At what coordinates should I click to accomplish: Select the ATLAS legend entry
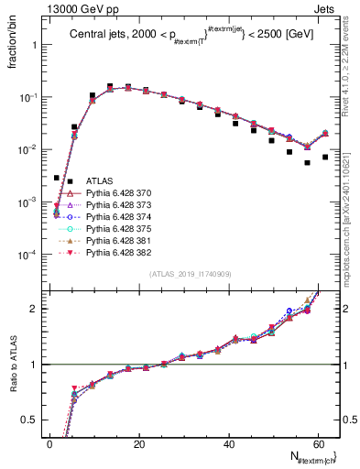coord(99,181)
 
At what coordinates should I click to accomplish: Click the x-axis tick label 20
coord(138,443)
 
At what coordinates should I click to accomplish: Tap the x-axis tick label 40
coord(228,443)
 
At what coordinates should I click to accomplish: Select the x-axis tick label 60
coord(317,443)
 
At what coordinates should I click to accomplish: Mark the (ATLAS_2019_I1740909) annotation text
coord(189,274)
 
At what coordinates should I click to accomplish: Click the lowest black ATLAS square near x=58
coord(307,163)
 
